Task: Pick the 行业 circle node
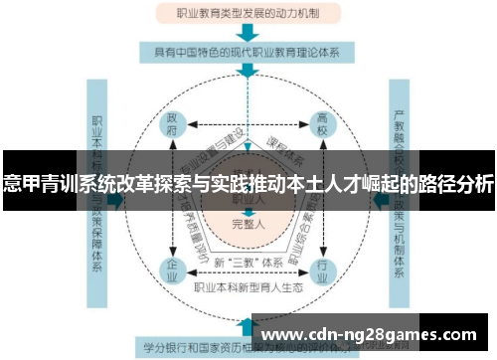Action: click(x=322, y=268)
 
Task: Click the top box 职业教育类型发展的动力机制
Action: click(x=248, y=14)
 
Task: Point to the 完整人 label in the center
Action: click(x=248, y=225)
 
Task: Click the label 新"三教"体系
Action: click(x=248, y=261)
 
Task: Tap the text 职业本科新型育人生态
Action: click(x=248, y=287)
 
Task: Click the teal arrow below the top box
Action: click(x=248, y=32)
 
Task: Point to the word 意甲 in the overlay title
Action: click(x=21, y=184)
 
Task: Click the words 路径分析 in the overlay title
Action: click(x=456, y=184)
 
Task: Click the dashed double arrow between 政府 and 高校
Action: click(x=248, y=127)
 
